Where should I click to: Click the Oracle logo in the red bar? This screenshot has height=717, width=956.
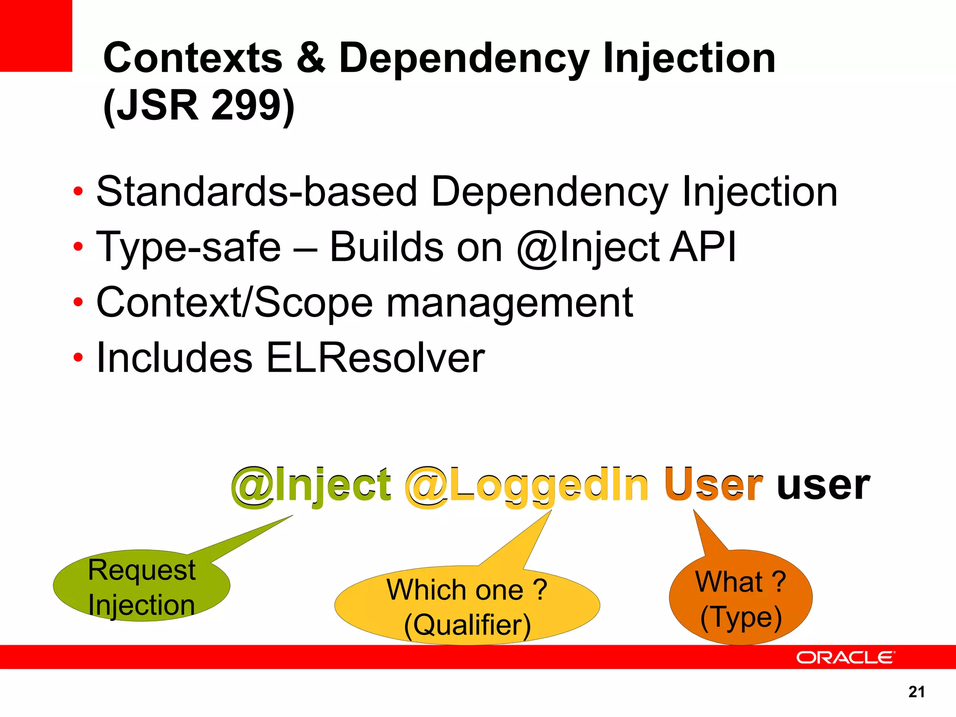coord(845,657)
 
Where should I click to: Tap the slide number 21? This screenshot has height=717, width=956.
coord(916,692)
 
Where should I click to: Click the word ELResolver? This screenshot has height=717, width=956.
coord(375,358)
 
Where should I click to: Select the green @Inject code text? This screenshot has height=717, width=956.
coord(311,485)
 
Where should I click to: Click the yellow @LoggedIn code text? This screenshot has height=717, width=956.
coord(527,485)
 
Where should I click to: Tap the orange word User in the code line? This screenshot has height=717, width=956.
coord(714,485)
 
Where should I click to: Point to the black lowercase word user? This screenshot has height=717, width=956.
coord(823,485)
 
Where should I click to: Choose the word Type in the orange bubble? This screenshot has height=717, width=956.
coord(741,617)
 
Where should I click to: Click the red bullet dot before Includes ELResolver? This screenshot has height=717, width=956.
coord(78,358)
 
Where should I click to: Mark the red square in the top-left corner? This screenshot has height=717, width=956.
coord(36,35)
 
